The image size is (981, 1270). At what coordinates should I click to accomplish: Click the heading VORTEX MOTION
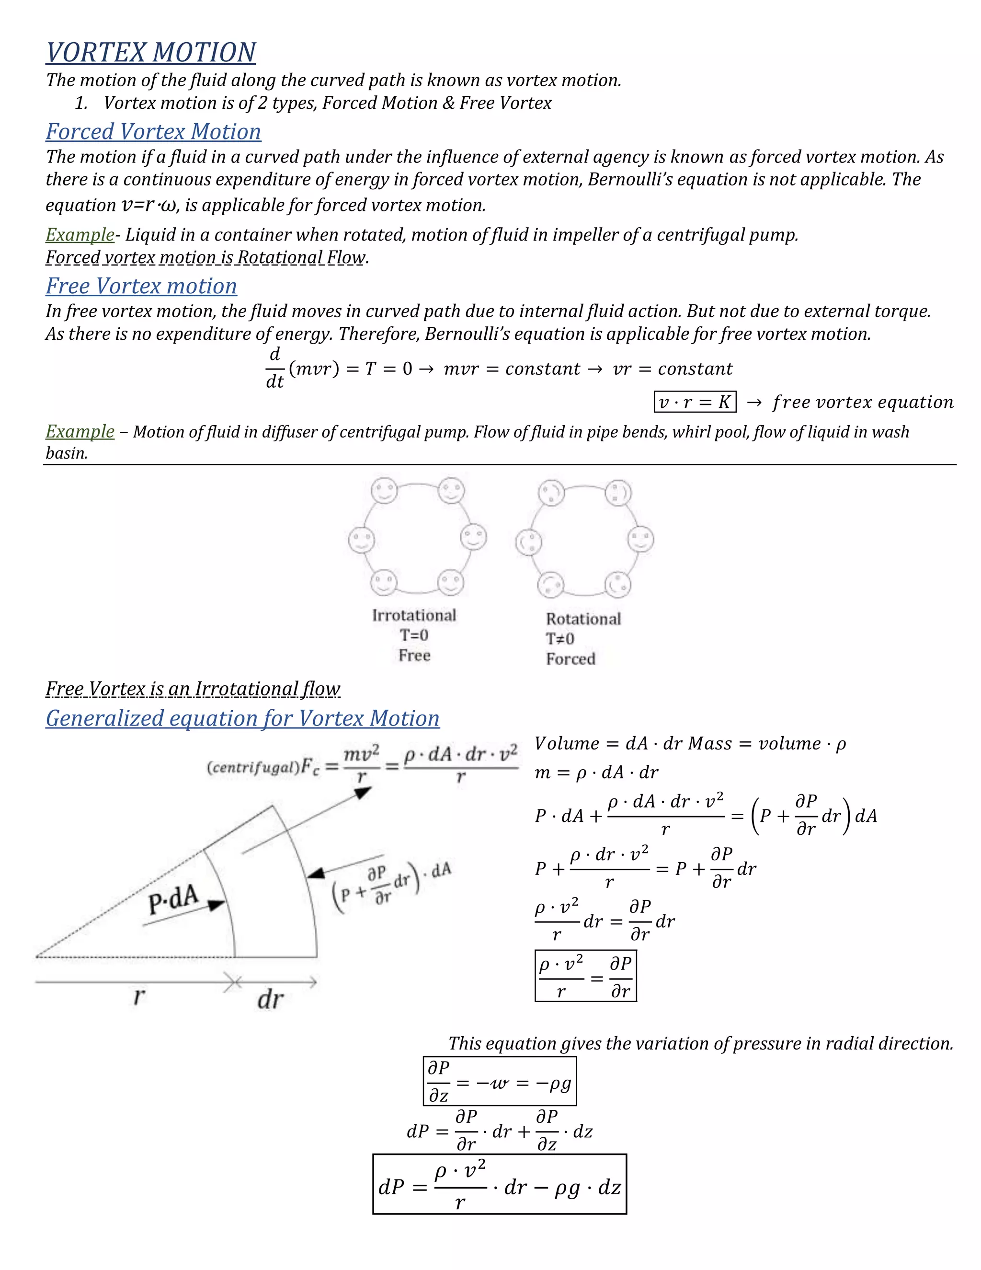click(150, 52)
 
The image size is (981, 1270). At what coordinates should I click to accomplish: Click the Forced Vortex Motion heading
click(153, 131)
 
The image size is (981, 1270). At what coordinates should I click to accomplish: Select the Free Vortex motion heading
click(141, 286)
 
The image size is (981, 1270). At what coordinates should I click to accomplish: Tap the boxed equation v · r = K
click(695, 402)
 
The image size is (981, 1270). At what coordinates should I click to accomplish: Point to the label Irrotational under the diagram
click(414, 615)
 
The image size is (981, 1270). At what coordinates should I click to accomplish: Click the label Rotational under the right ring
click(583, 619)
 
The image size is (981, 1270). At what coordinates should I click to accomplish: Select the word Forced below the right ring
click(570, 659)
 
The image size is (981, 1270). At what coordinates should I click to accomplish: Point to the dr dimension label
click(270, 1000)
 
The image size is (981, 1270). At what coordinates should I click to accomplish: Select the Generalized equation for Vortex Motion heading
click(242, 718)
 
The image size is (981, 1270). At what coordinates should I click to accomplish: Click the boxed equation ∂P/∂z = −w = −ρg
click(500, 1082)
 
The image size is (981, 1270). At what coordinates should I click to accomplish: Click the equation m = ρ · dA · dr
click(596, 772)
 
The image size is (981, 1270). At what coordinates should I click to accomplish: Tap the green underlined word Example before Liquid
click(80, 235)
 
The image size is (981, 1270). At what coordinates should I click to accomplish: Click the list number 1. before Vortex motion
click(81, 103)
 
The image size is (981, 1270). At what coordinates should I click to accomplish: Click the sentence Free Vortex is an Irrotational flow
click(193, 689)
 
